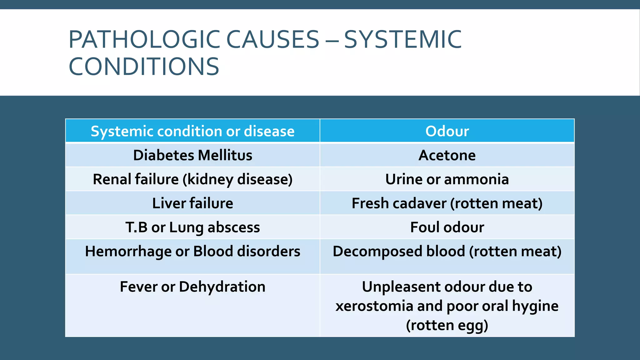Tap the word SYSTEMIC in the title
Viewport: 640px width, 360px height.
(402, 40)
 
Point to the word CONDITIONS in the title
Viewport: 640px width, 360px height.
(144, 67)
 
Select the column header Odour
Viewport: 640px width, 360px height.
(447, 131)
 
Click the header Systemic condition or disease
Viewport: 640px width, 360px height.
(192, 131)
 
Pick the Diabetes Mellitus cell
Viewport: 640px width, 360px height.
(192, 155)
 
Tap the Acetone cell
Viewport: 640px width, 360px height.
(447, 155)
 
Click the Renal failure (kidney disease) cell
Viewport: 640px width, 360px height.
(192, 179)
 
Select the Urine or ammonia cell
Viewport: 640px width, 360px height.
(447, 179)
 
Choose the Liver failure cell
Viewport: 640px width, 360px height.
(192, 203)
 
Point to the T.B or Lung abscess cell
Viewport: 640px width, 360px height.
(192, 227)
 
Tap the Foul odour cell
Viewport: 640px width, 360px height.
(447, 227)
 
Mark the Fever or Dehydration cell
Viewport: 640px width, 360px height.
(192, 287)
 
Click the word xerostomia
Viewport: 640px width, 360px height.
(374, 306)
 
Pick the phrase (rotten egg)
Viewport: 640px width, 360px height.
(447, 325)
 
